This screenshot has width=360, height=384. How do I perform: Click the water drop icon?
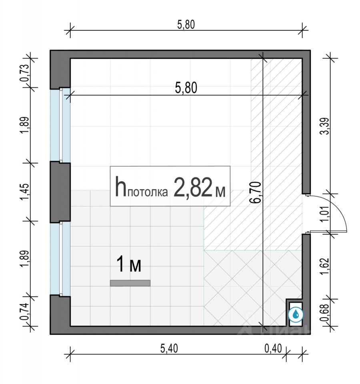pyautogui.click(x=296, y=314)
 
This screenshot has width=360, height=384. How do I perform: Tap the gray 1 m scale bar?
pyautogui.click(x=130, y=283)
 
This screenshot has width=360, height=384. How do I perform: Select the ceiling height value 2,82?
pyautogui.click(x=193, y=188)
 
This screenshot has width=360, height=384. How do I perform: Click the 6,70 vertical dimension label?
pyautogui.click(x=255, y=192)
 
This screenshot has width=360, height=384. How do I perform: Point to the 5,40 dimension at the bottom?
pyautogui.click(x=169, y=348)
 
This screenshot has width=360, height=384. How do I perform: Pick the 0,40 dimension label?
pyautogui.click(x=273, y=348)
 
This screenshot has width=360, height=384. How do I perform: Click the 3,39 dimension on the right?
pyautogui.click(x=325, y=126)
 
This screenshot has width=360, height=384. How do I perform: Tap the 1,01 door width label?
pyautogui.click(x=325, y=214)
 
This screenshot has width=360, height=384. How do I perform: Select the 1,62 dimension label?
pyautogui.click(x=325, y=266)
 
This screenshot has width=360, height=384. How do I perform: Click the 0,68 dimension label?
pyautogui.click(x=325, y=312)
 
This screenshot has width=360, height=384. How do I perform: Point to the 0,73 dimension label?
pyautogui.click(x=24, y=73)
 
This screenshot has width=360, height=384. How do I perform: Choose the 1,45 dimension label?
pyautogui.click(x=24, y=192)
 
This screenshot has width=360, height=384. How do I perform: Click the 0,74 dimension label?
pyautogui.click(x=24, y=312)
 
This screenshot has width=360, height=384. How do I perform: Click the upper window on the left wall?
pyautogui.click(x=60, y=125)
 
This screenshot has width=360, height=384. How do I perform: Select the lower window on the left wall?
pyautogui.click(x=60, y=259)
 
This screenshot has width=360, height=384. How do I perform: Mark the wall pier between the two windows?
pyautogui.click(x=60, y=192)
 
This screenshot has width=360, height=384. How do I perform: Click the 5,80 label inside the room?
pyautogui.click(x=186, y=88)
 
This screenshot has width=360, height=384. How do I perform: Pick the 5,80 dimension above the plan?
pyautogui.click(x=186, y=25)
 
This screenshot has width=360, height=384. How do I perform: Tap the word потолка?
pyautogui.click(x=148, y=192)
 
